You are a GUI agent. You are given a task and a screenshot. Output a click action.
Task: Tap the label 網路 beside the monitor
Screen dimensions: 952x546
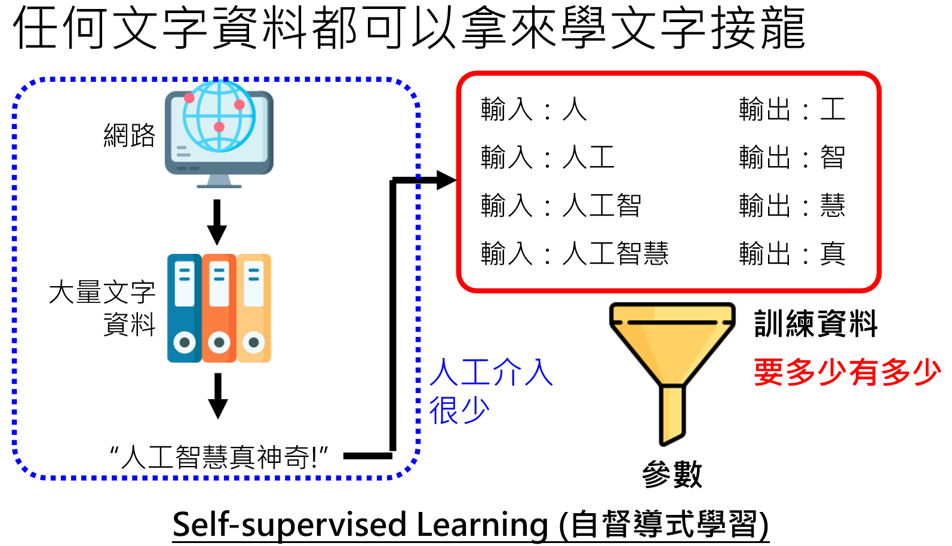pyautogui.click(x=129, y=136)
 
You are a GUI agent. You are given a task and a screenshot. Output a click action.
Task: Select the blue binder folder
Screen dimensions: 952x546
pyautogui.click(x=184, y=308)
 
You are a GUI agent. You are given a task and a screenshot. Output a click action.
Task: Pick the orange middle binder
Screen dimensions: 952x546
pyautogui.click(x=219, y=308)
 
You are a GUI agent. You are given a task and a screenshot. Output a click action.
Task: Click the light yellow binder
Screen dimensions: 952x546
pyautogui.click(x=254, y=308)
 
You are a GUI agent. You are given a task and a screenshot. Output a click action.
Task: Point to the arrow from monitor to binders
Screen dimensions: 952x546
pyautogui.click(x=217, y=222)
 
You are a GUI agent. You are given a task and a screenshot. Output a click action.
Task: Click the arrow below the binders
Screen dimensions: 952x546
pyautogui.click(x=218, y=395)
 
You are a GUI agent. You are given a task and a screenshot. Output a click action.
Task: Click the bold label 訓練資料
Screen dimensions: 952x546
pyautogui.click(x=815, y=324)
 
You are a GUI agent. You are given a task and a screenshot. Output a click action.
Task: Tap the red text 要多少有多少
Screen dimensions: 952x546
pyautogui.click(x=847, y=372)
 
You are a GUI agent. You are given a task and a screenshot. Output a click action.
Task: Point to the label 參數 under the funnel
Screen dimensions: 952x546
pyautogui.click(x=672, y=475)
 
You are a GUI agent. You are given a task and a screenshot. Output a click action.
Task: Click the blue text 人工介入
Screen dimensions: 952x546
pyautogui.click(x=492, y=372)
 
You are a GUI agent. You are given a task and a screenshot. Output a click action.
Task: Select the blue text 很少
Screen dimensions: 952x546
pyautogui.click(x=459, y=410)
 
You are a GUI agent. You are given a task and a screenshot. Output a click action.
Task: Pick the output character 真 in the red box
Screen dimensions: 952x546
pyautogui.click(x=833, y=254)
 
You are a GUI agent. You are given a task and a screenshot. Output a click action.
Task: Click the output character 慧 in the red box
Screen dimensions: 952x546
pyautogui.click(x=833, y=206)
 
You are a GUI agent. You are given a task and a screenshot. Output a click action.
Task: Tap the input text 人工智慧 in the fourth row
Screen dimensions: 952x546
pyautogui.click(x=615, y=254)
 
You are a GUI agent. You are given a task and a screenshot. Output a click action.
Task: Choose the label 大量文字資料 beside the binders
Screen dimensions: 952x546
pyautogui.click(x=103, y=308)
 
